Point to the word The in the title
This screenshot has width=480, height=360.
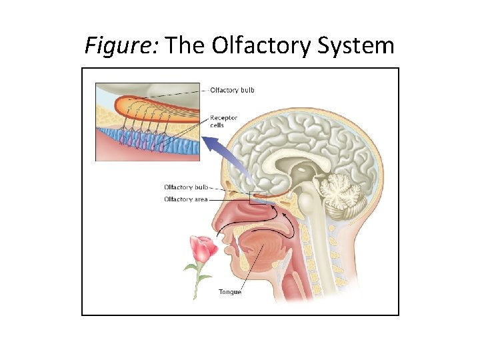click(x=185, y=45)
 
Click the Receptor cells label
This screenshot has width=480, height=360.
click(x=223, y=121)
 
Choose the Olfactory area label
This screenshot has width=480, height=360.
click(x=186, y=199)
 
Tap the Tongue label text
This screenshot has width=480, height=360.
click(x=230, y=291)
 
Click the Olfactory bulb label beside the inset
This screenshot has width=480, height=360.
click(x=232, y=90)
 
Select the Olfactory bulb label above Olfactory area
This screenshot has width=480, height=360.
click(x=186, y=187)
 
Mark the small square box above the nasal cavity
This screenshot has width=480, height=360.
click(x=257, y=197)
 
